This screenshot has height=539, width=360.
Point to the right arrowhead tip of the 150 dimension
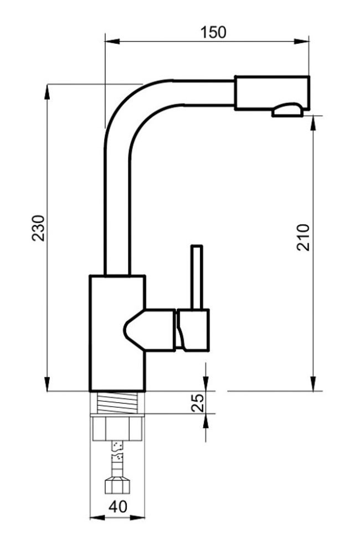[308, 42]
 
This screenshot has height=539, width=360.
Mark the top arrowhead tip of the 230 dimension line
[47, 84]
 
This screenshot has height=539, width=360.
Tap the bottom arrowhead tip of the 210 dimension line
[313, 391]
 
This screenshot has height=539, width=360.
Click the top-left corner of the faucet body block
[90, 276]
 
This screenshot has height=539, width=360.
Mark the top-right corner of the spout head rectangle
[309, 76]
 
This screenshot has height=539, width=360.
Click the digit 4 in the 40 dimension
[114, 507]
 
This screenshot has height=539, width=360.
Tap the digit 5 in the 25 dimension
[198, 398]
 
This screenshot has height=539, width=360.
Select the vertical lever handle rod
[197, 277]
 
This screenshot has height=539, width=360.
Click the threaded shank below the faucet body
[117, 402]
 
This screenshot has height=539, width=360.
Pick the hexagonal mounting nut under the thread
[117, 427]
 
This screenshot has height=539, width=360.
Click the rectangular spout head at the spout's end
[272, 93]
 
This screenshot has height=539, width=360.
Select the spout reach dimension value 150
[213, 32]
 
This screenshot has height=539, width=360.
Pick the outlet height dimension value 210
[303, 237]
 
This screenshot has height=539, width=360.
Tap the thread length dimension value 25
[198, 403]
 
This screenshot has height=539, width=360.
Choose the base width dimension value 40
[118, 507]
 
